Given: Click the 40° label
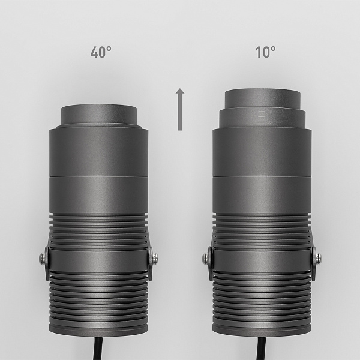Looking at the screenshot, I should (101, 52).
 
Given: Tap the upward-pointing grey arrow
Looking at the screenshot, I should (179, 109).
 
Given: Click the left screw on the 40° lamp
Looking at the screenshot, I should (42, 259).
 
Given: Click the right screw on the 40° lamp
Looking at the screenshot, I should (155, 259).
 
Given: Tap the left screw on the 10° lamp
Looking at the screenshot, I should (206, 259).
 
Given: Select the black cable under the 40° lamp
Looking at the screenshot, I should (98, 347).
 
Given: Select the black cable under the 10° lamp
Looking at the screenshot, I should (261, 347).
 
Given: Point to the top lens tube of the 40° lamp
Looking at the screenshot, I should (99, 114).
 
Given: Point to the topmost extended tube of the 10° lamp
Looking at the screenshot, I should (262, 98).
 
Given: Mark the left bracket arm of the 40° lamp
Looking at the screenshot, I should (48, 264).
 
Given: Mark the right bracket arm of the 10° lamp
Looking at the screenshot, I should (313, 264).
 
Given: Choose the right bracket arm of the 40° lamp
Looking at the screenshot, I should (149, 264).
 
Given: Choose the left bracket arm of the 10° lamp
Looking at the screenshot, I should (211, 264).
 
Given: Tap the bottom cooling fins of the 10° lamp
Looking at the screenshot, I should (262, 300).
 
